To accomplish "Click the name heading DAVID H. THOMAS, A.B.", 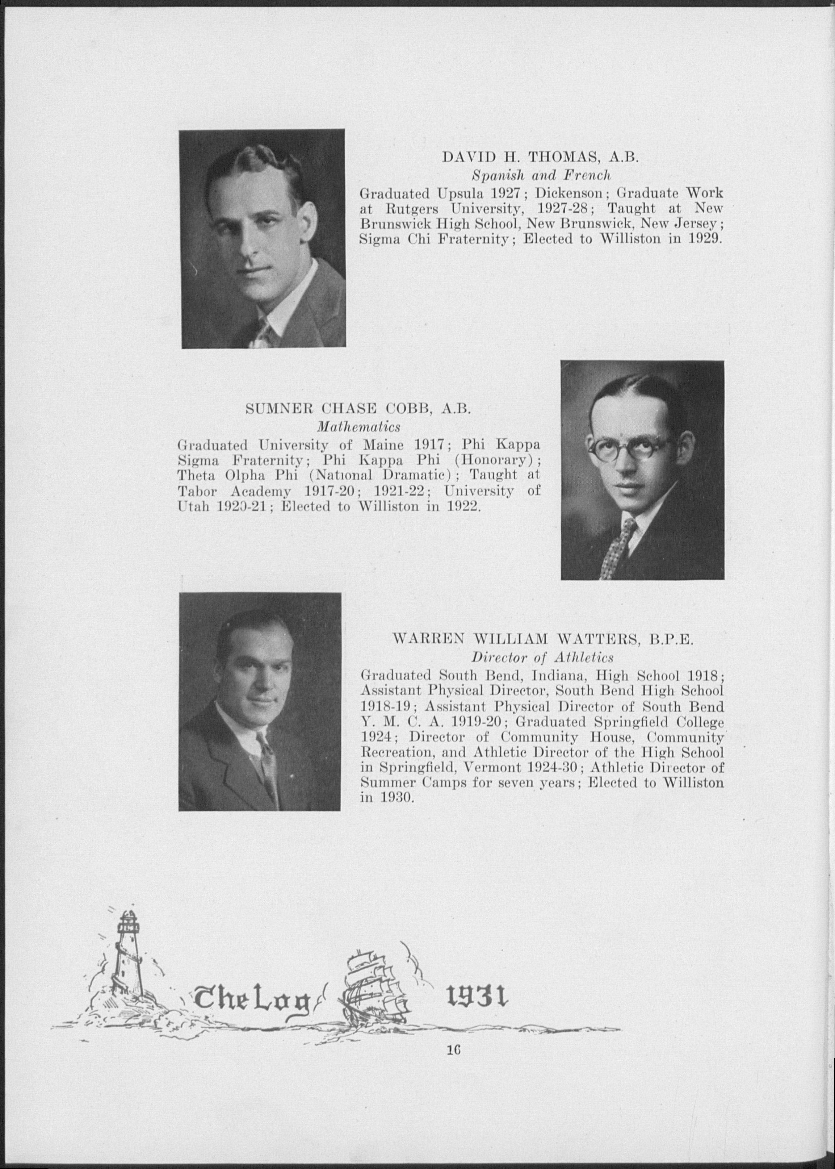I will point(540,157).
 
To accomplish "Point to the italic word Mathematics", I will point(358,427).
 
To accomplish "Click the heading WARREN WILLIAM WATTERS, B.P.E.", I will point(544,639).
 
